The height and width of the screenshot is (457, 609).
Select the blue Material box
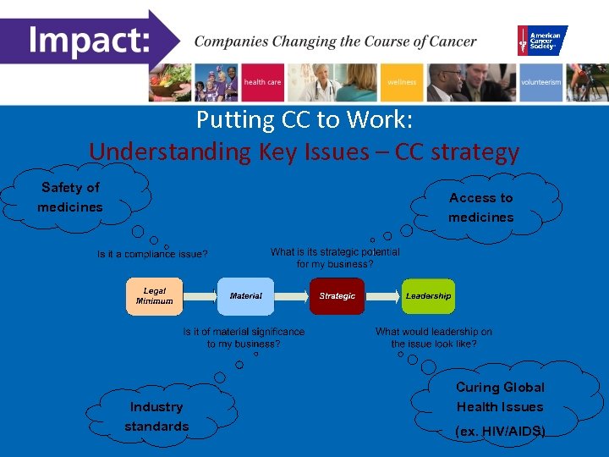[246, 296]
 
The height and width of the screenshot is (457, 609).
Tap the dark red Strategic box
[337, 296]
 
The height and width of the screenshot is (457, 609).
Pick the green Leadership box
[428, 296]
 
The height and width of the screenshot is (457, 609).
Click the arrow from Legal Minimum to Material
[199, 296]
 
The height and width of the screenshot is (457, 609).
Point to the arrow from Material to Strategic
[291, 296]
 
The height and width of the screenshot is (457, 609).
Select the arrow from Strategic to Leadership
[382, 296]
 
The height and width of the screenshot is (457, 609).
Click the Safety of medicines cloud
[71, 197]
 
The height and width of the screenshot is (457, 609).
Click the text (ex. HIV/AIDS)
[500, 432]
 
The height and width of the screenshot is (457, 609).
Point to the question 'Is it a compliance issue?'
[152, 254]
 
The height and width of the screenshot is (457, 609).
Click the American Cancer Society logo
[542, 41]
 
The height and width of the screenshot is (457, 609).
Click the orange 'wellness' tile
[402, 83]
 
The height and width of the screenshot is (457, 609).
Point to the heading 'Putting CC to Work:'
[304, 120]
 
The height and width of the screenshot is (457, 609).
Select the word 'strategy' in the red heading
[475, 151]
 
